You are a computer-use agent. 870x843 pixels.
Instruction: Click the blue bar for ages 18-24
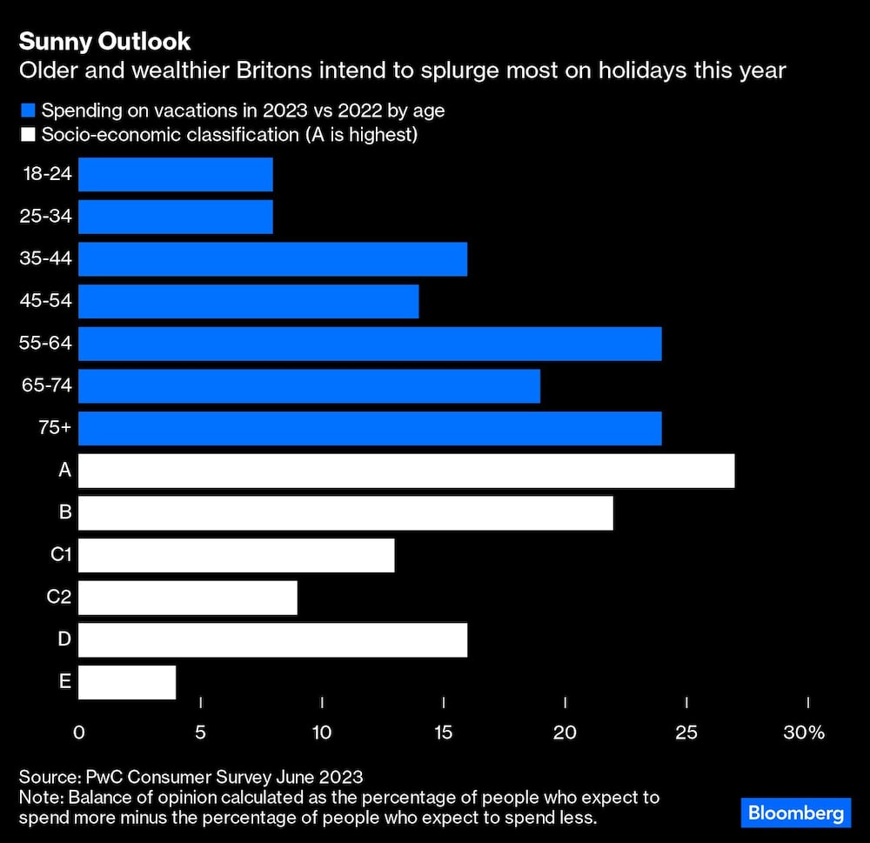(x=175, y=174)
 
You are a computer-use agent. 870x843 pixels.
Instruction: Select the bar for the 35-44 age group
(x=272, y=259)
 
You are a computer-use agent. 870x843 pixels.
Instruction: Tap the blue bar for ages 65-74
(x=309, y=385)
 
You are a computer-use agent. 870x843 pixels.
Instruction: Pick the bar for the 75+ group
(x=370, y=428)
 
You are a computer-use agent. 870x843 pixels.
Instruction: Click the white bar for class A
(x=406, y=471)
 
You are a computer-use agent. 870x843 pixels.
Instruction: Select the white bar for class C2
(x=187, y=599)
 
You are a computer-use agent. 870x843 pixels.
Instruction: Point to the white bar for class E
(x=127, y=682)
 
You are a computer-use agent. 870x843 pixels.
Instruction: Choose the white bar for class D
(x=272, y=640)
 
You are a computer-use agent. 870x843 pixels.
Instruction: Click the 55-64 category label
(x=45, y=344)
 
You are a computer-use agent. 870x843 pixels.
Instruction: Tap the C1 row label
(x=60, y=555)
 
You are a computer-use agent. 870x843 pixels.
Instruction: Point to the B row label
(x=65, y=512)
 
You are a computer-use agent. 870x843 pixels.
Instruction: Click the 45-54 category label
(x=45, y=302)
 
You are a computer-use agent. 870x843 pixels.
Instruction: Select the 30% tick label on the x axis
(x=803, y=733)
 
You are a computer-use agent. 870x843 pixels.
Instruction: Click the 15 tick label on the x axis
(x=444, y=733)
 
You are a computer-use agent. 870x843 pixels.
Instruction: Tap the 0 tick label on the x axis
(x=79, y=733)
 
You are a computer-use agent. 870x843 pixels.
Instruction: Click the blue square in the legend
(x=28, y=110)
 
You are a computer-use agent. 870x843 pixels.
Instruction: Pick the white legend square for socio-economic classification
(x=28, y=135)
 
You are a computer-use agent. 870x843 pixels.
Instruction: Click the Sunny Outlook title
(x=104, y=42)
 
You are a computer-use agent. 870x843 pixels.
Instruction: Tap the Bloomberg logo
(x=796, y=813)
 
